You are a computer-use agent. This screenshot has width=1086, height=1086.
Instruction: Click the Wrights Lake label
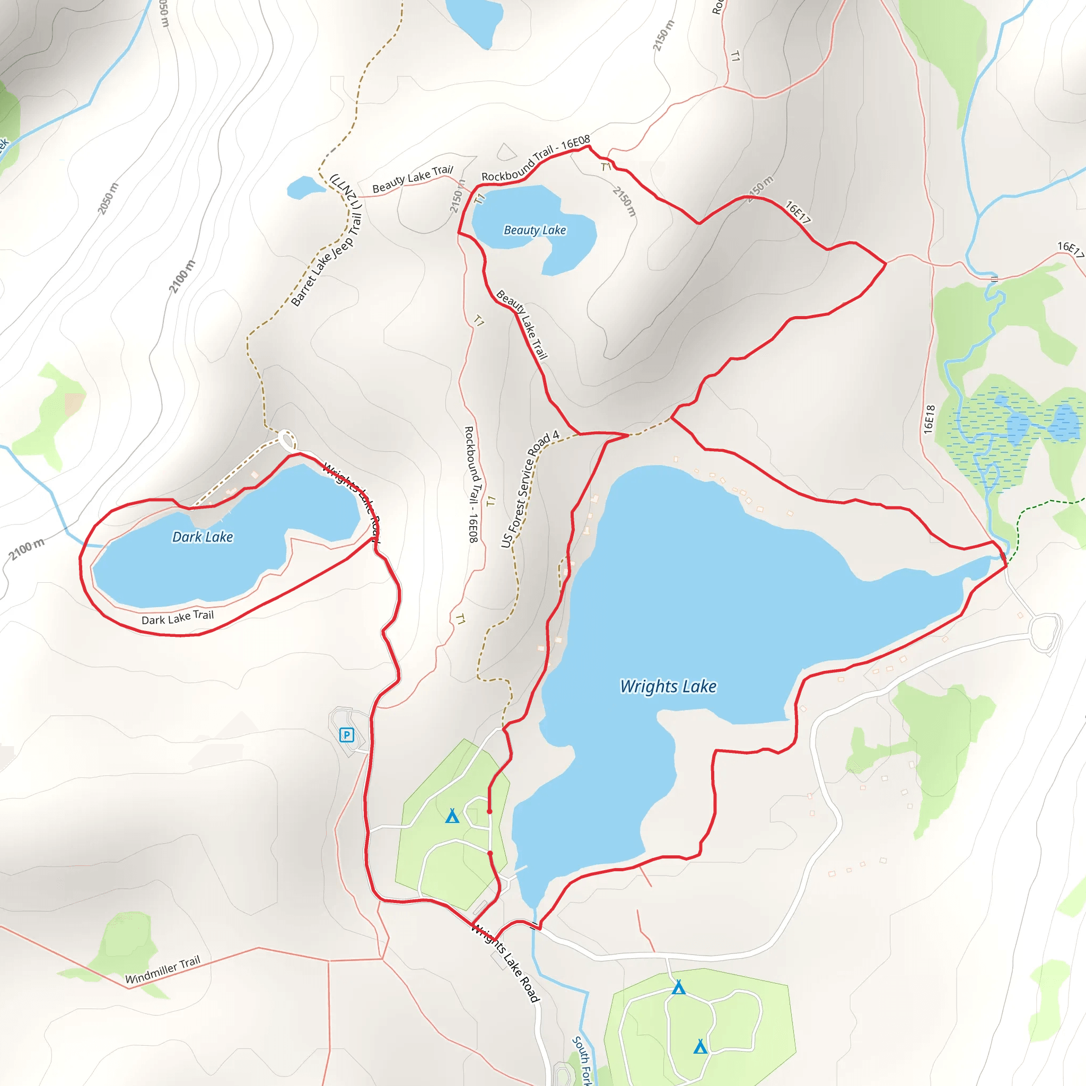(x=668, y=686)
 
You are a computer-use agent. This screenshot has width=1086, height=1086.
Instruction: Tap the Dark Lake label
(x=203, y=537)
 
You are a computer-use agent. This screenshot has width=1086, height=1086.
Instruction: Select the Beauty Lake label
(x=535, y=230)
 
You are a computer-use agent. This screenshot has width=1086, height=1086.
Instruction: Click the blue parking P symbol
(x=347, y=734)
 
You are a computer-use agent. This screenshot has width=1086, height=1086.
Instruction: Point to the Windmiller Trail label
(x=162, y=970)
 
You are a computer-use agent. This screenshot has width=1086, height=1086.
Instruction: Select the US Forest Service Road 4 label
(x=530, y=488)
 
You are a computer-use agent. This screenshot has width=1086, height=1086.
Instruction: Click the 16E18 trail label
(x=929, y=419)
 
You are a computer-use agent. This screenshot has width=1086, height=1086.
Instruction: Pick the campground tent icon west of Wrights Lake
(x=452, y=816)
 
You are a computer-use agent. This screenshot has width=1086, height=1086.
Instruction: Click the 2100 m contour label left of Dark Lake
(x=27, y=549)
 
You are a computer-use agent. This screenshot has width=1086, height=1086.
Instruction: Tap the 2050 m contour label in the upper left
(x=108, y=198)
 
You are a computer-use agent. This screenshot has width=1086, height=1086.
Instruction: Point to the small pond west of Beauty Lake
(x=305, y=188)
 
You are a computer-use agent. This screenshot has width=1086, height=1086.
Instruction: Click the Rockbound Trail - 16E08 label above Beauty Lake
(x=536, y=158)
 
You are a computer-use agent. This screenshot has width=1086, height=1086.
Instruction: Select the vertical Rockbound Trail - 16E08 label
(x=471, y=484)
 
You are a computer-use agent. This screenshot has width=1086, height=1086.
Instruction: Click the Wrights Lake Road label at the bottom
(x=505, y=962)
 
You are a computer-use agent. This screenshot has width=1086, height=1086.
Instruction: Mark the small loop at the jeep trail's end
(x=287, y=440)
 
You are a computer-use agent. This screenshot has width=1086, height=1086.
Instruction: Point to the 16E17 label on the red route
(x=798, y=212)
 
